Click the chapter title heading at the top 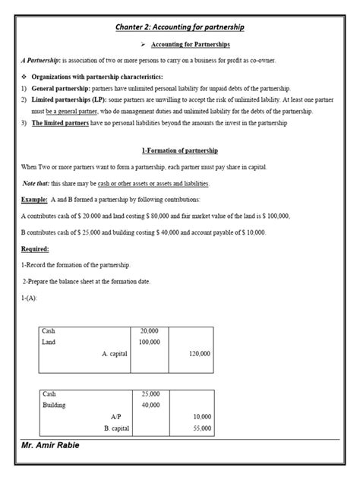(x=179, y=27)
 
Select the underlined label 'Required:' (x=35, y=248)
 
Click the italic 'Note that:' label (x=34, y=184)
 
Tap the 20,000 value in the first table (x=150, y=332)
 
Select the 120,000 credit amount (x=200, y=354)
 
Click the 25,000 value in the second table (x=150, y=394)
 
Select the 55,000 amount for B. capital (x=201, y=429)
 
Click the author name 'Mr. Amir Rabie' (x=50, y=445)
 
